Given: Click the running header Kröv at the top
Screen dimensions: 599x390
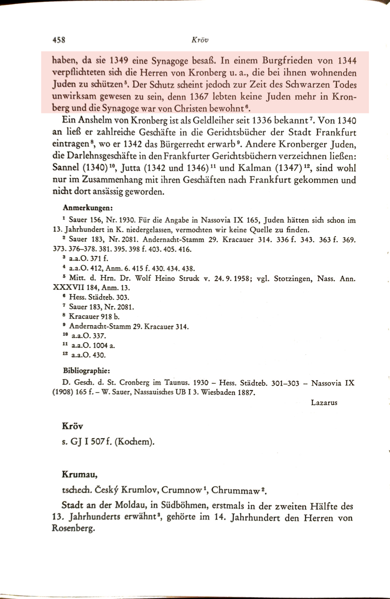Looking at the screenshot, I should click(199, 40).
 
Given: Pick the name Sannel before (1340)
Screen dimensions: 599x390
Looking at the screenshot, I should click(66, 168).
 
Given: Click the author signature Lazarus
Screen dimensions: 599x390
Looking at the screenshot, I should click(324, 402).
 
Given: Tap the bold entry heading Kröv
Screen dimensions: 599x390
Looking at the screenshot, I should click(72, 426).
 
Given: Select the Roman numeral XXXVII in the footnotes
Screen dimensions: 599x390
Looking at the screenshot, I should click(71, 288).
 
